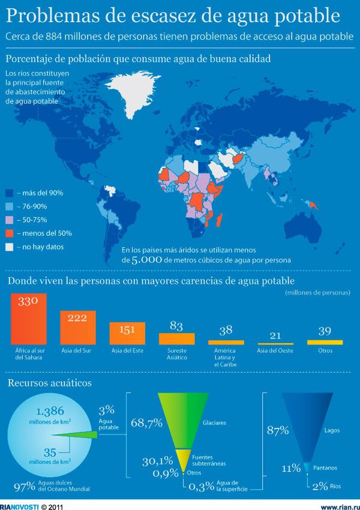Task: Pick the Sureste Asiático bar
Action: coord(176,338)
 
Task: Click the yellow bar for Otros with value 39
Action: coord(325,342)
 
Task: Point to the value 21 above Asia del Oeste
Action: coord(275,335)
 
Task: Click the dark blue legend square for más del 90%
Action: coord(10,193)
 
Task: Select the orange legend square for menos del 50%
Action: coord(10,233)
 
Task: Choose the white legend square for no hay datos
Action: coord(10,247)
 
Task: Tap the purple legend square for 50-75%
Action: coord(10,220)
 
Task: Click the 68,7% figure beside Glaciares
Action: coord(146,422)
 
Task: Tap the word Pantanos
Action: coord(325,467)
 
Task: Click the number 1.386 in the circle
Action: coord(49,412)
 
